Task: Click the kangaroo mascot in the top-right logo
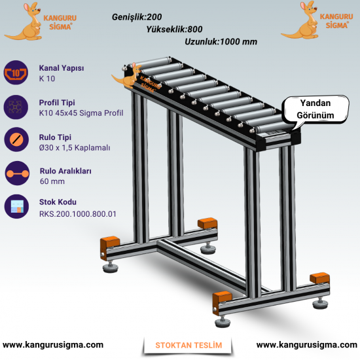301,21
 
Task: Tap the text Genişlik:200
137,17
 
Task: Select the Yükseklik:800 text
174,29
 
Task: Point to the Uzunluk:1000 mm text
221,42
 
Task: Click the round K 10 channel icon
16,73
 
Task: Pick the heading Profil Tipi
57,102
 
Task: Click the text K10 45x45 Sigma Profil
81,113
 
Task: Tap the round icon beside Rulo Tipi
16,139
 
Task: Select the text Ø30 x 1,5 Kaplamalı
75,148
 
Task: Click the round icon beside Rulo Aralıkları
17,173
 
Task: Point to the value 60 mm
52,181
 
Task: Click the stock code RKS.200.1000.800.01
78,214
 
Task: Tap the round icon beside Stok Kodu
16,206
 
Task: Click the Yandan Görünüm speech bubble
315,109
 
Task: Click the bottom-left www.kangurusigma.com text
53,345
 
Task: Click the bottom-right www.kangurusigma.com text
307,345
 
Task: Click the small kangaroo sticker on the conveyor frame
128,76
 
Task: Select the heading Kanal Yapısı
62,68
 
